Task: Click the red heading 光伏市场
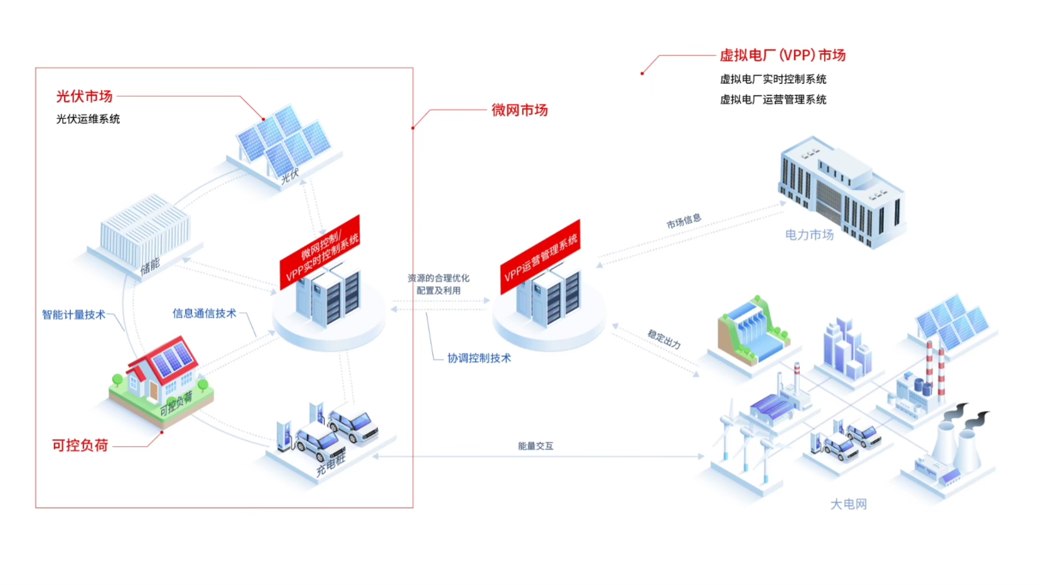coord(84,96)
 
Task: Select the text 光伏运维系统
coord(88,119)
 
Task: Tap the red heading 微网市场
coord(519,110)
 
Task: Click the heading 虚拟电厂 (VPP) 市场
coord(782,55)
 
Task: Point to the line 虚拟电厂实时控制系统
coord(773,79)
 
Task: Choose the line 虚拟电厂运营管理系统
coord(773,99)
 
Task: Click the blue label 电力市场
coord(809,235)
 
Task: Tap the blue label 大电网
coord(848,504)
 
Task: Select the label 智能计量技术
coord(73,314)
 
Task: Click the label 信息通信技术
coord(205,313)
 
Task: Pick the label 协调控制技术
coord(479,358)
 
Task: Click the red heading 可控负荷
coord(80,445)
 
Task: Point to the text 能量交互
coord(535,446)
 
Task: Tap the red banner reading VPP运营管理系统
coord(540,257)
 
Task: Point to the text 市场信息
coord(684,221)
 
